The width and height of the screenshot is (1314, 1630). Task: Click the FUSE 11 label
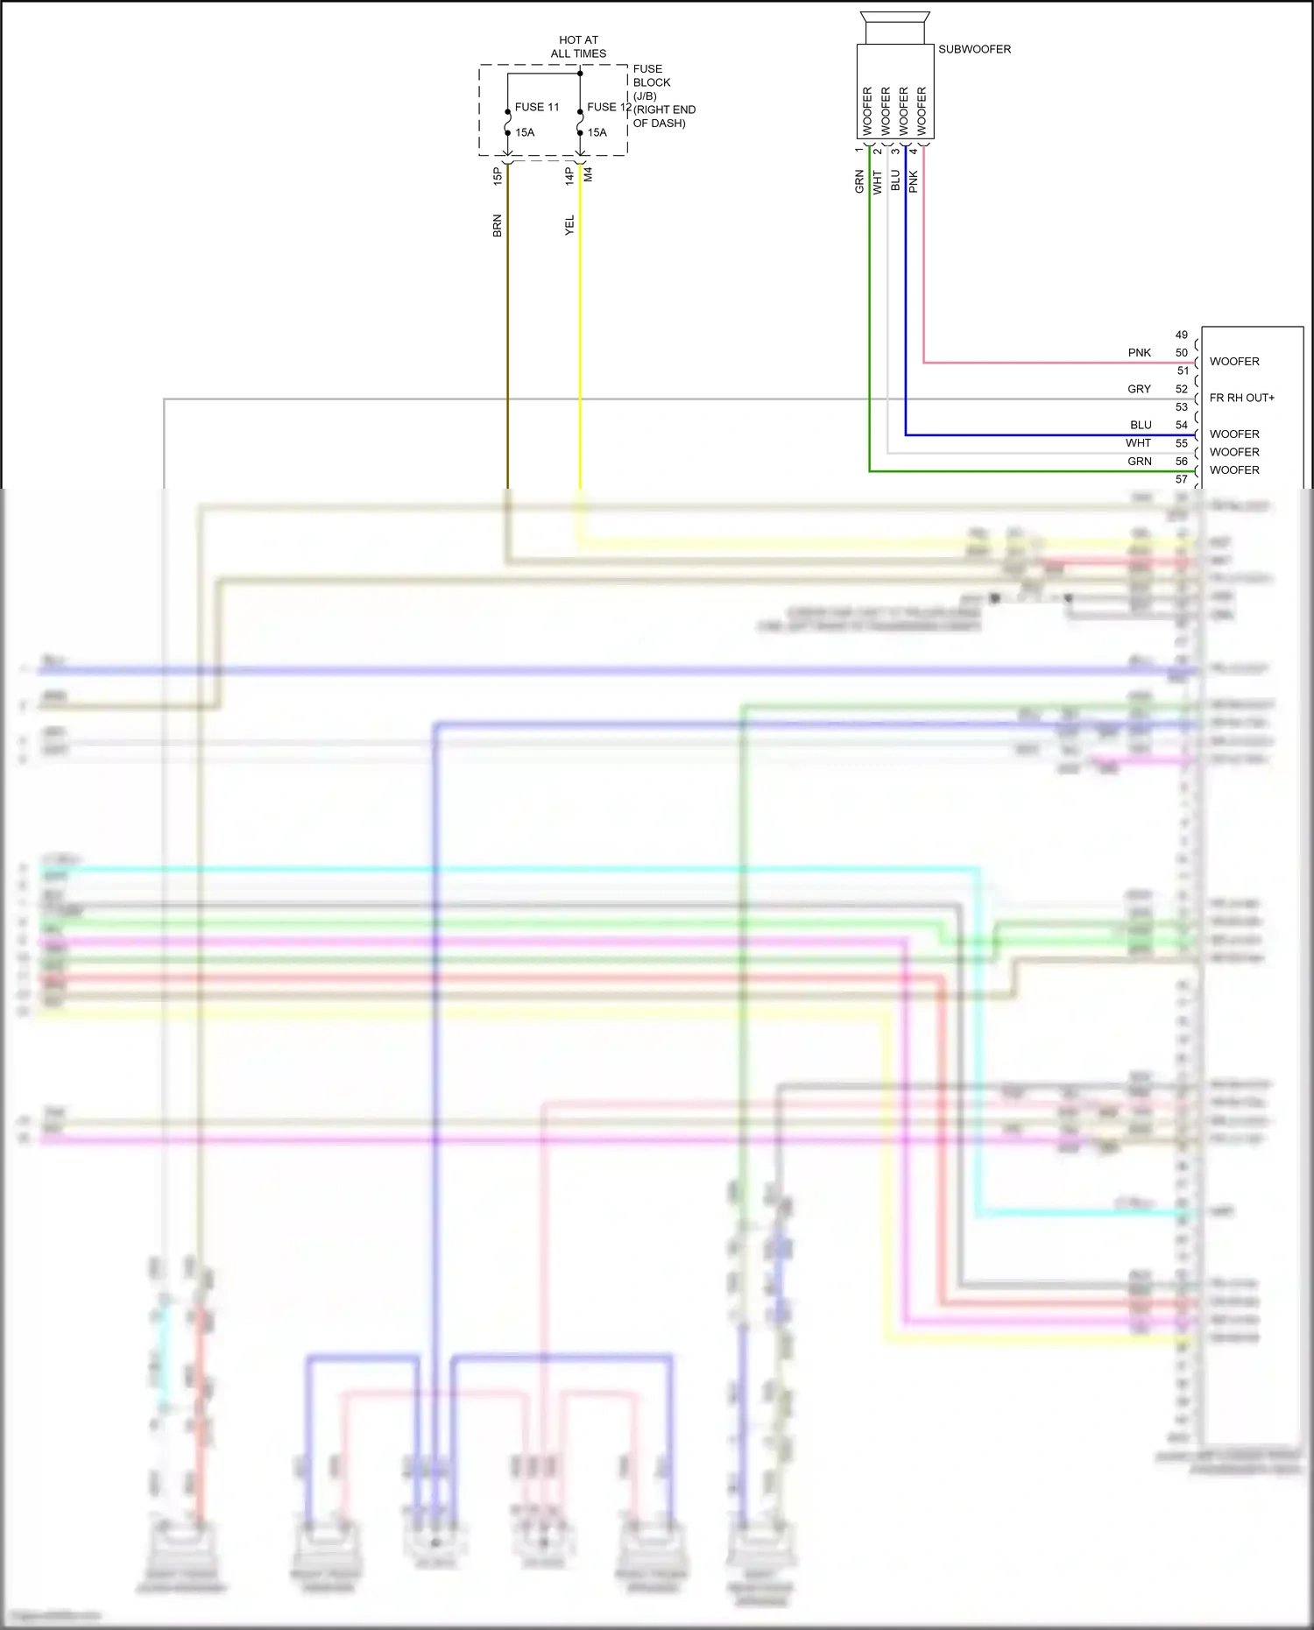536,107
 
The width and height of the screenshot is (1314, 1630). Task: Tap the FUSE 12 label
609,107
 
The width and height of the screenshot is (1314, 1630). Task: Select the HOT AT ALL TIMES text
578,46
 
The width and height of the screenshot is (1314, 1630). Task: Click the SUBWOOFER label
974,49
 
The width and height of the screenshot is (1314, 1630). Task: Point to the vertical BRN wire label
497,226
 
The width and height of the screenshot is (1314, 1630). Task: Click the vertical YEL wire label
569,225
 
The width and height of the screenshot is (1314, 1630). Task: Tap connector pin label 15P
497,176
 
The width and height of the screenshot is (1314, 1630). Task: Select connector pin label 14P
569,176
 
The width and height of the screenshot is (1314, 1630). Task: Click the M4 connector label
589,174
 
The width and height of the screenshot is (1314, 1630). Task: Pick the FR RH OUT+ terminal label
1241,398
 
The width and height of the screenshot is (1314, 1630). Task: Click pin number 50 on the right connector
1181,353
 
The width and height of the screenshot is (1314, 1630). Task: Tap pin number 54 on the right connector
1181,425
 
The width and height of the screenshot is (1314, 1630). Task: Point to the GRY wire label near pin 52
1139,389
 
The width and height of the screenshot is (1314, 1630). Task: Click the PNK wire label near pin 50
1139,353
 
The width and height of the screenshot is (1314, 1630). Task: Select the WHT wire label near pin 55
1138,443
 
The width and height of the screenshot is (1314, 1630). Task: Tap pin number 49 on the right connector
1181,335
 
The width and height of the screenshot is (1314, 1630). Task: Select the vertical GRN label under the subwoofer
859,181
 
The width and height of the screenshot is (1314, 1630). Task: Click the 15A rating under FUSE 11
525,132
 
